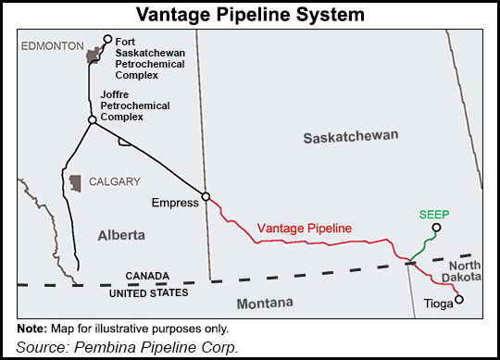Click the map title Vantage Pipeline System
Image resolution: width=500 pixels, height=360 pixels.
point(249,16)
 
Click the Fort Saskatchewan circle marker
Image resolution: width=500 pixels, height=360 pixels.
point(108,39)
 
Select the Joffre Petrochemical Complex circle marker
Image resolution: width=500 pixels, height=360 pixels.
point(93,119)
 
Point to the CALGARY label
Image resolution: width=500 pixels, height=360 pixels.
point(115,181)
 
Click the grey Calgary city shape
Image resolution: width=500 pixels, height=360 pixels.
point(75,182)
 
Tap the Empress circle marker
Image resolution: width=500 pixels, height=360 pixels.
point(206,196)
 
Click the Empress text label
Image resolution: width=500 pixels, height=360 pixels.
point(177,202)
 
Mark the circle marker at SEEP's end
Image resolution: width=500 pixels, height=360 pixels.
point(437,228)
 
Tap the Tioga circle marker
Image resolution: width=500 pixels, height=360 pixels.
point(457,299)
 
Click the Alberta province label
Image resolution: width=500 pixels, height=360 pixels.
point(121,236)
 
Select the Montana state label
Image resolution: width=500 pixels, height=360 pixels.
point(264,303)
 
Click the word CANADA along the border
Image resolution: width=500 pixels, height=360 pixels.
point(149,277)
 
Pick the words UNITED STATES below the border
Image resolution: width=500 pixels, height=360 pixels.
point(149,292)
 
